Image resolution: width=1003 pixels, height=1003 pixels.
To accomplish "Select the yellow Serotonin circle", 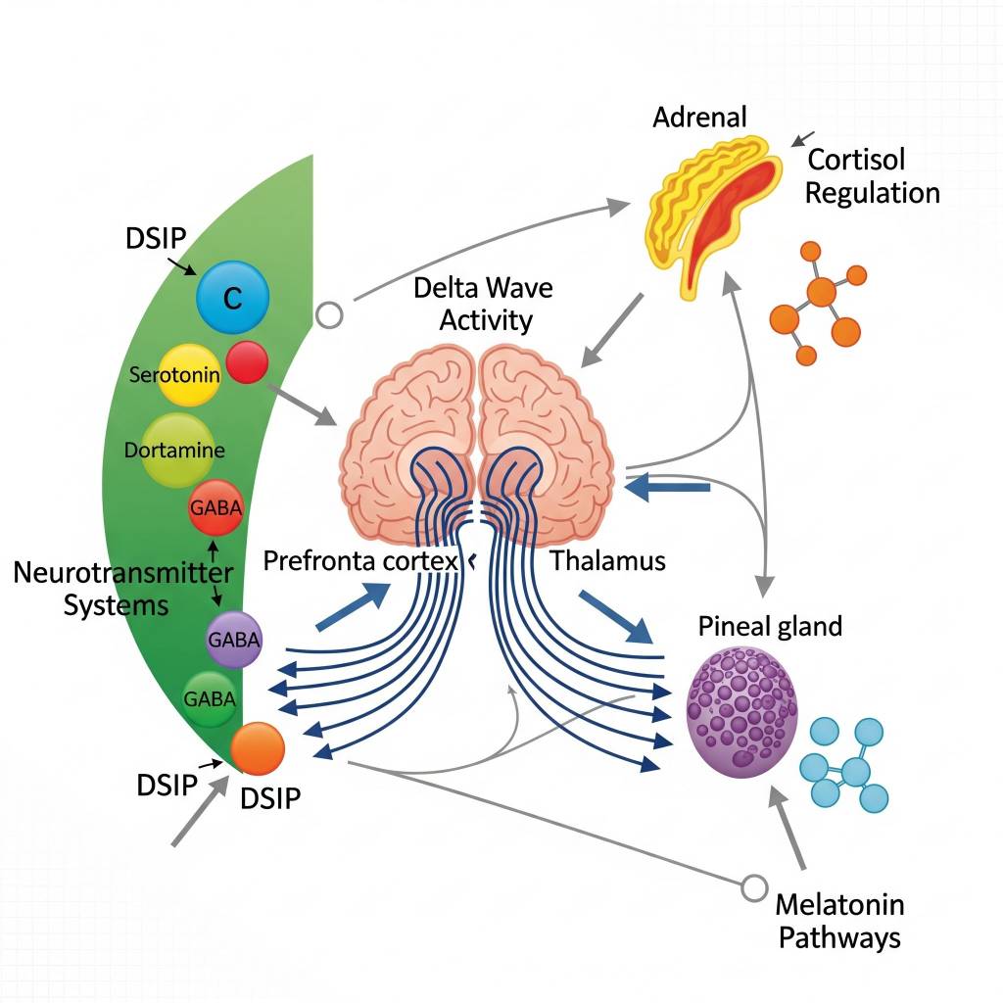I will tap(189, 375).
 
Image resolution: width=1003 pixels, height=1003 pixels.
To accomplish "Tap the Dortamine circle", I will tap(176, 451).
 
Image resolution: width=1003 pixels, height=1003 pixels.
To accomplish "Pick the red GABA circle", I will tap(215, 507).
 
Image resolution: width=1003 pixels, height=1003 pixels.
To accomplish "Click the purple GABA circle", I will tap(234, 641).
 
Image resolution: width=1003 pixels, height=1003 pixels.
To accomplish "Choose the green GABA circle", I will tap(211, 698).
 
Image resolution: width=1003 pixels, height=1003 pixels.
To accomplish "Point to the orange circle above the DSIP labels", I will tap(258, 748).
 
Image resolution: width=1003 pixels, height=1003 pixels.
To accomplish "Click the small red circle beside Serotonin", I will tap(247, 361).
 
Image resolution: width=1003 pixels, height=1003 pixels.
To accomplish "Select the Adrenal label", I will tap(699, 118).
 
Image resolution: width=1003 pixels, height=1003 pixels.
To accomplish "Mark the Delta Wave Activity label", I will tap(483, 304).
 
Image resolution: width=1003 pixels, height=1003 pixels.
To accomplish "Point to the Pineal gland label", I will tap(770, 627).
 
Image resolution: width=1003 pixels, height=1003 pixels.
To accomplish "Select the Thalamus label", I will tap(607, 561).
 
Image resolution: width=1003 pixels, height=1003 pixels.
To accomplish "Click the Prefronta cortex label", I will tap(361, 562).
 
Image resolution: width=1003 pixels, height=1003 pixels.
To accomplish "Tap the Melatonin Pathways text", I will tap(838, 920).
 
